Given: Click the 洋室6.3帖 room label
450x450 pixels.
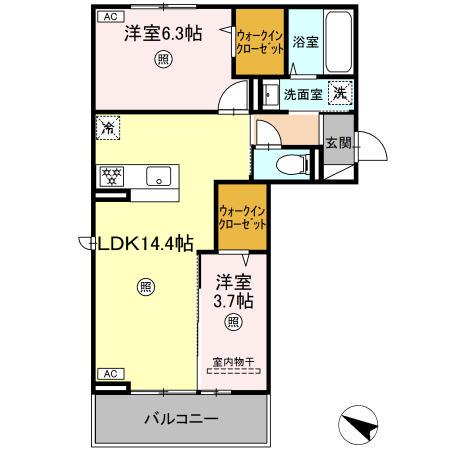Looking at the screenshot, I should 163,34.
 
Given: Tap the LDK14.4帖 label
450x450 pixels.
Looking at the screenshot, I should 145,243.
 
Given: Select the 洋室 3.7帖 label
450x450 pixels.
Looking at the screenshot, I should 232,291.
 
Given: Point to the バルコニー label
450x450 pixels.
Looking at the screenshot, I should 180,417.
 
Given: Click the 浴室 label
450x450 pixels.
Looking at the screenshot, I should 306,43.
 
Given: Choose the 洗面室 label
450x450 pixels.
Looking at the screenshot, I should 302,95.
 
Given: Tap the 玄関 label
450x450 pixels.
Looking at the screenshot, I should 338,142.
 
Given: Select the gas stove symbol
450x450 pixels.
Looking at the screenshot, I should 111,178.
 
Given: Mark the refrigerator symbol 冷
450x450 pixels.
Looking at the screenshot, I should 108,127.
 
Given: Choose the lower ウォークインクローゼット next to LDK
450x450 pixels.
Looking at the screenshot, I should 241,218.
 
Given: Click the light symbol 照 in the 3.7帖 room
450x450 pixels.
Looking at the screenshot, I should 232,322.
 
